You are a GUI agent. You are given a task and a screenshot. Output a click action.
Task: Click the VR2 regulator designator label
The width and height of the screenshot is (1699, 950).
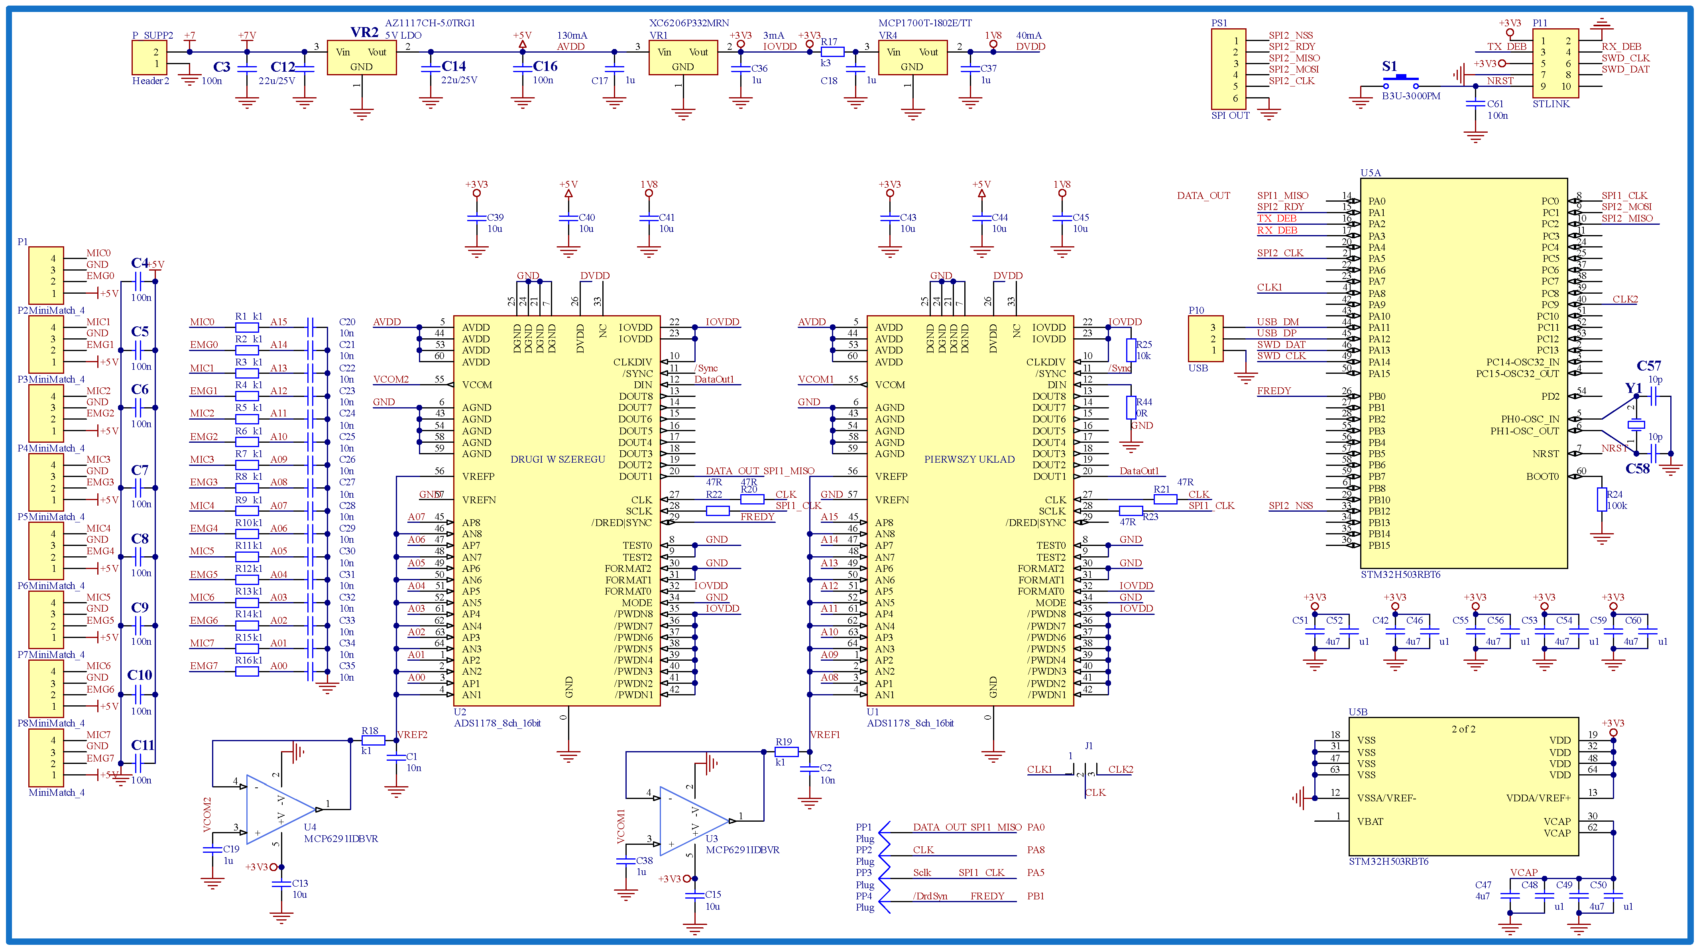tap(364, 32)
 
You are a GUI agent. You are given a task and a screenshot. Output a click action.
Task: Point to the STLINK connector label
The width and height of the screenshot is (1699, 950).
tap(1551, 104)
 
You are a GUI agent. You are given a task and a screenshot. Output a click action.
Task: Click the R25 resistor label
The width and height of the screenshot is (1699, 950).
tap(1144, 344)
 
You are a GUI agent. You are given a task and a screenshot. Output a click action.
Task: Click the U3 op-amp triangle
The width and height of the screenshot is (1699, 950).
tap(691, 821)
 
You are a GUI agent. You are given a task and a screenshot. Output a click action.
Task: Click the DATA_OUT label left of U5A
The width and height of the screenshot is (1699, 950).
tap(1203, 195)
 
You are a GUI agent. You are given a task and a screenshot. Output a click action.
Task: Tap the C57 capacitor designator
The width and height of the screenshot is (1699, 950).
tap(1648, 366)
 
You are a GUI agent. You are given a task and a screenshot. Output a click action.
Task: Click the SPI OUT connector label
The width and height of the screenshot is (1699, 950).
tap(1230, 116)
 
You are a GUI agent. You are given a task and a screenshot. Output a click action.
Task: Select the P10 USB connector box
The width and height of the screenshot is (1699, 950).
tap(1205, 339)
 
